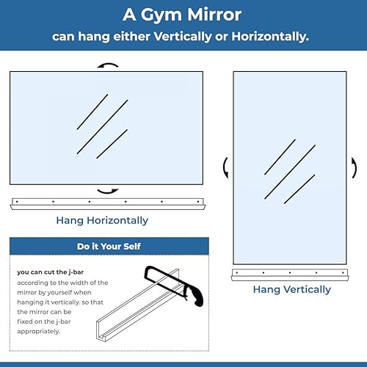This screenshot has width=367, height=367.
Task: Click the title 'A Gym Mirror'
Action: click(183, 15)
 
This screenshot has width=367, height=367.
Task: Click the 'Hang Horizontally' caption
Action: click(102, 220)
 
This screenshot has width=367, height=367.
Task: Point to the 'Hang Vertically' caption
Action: click(291, 289)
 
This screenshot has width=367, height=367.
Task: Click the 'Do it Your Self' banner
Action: click(109, 247)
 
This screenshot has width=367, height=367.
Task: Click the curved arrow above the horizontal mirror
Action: click(109, 66)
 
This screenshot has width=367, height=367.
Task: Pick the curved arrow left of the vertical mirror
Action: click(226, 167)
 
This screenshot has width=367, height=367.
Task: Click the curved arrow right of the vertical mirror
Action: click(354, 167)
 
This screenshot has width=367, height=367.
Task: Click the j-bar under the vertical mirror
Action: click(291, 274)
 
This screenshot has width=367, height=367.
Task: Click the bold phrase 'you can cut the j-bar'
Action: click(55, 272)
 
